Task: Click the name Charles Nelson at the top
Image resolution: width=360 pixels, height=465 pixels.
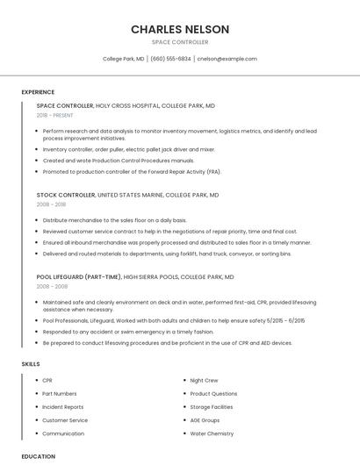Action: pos(180,29)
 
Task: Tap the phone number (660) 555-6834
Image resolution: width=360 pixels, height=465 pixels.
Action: pos(170,59)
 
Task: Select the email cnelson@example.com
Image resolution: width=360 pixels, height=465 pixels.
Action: pos(227,59)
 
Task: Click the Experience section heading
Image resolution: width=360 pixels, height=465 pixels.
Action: pos(38,92)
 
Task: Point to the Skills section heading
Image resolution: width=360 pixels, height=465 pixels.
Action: pos(31,363)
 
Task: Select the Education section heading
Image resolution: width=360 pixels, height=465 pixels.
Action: pos(39,456)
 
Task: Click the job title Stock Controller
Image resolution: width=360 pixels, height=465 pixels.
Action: pos(66,195)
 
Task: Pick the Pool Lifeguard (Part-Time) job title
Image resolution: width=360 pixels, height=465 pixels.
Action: pos(79,276)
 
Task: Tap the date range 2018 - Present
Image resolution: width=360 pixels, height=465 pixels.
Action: pos(55,115)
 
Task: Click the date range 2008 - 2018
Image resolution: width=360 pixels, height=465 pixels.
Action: pos(51,204)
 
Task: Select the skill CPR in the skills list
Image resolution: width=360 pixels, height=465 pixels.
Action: pos(47,381)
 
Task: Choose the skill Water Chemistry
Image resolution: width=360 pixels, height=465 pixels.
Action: pos(212,433)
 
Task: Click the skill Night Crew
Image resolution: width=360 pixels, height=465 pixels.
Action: pos(204,381)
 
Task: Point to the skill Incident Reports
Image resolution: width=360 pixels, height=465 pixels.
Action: pos(63,407)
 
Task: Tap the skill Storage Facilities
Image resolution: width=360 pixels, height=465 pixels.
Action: pos(212,407)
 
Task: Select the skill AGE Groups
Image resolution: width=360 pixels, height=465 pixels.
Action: pos(205,420)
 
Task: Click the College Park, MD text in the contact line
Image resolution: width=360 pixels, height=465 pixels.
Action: pos(124,59)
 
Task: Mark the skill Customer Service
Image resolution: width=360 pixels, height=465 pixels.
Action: pos(65,420)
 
